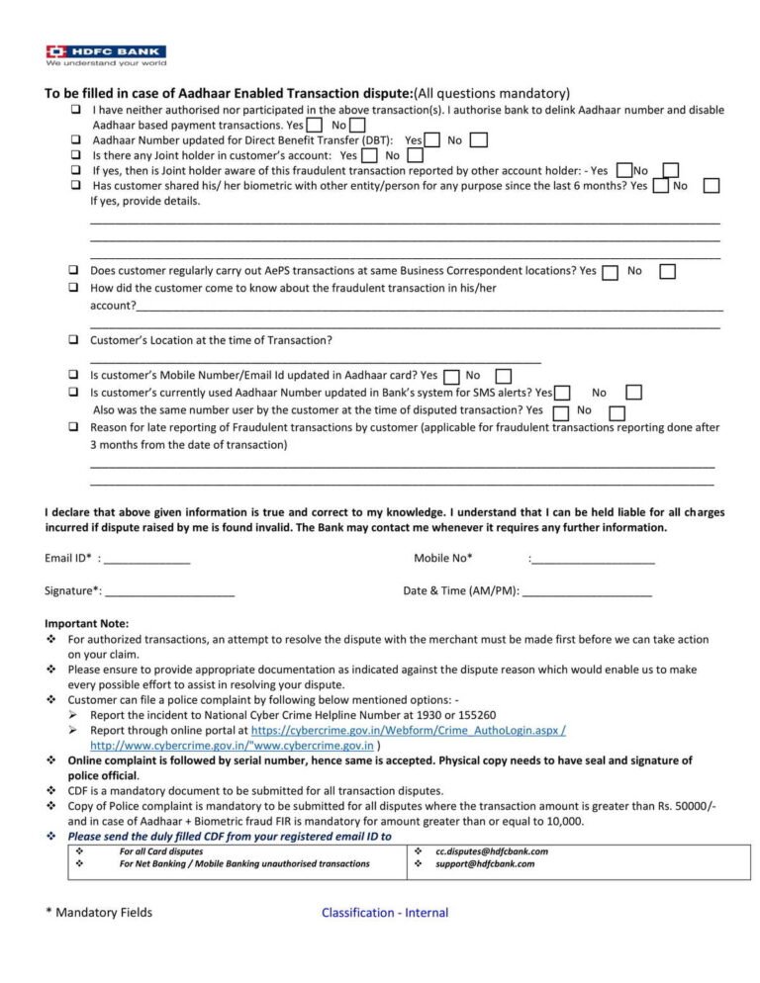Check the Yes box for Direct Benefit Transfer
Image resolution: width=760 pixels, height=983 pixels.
click(432, 140)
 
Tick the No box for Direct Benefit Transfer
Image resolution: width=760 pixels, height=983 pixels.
click(478, 140)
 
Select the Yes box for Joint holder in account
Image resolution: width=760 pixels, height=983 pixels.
click(369, 155)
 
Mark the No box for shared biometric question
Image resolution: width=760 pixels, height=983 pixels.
click(710, 186)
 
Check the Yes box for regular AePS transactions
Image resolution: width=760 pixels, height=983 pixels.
click(610, 272)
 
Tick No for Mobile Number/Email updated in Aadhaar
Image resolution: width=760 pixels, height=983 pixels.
click(504, 377)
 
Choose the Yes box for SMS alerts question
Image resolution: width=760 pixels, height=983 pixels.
click(562, 394)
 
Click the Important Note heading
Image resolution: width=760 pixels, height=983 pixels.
click(87, 624)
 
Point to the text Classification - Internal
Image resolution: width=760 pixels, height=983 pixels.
click(385, 913)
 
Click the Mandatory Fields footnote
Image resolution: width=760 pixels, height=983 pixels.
click(99, 913)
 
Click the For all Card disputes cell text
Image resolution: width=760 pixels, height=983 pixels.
click(161, 851)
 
